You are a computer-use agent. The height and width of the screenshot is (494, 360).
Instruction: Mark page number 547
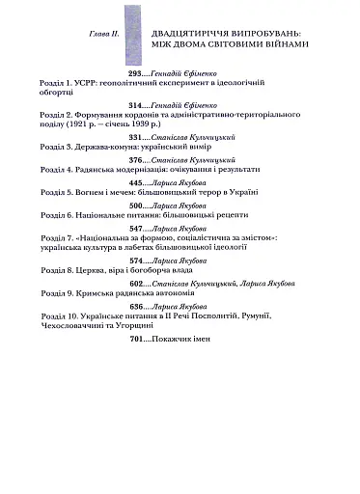tap(137, 257)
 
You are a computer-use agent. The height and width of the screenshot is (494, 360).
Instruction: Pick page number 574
tap(137, 288)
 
